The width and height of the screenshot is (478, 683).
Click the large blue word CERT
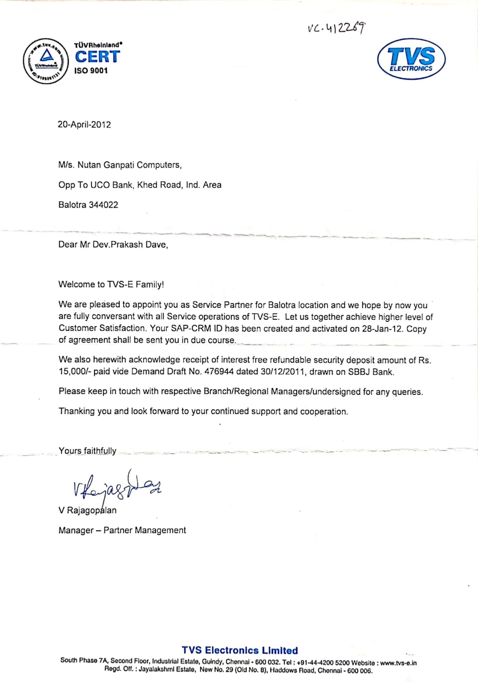point(97,57)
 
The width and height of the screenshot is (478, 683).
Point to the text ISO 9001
point(91,71)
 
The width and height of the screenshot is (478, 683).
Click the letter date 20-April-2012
point(84,125)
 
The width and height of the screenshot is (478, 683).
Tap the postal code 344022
point(103,205)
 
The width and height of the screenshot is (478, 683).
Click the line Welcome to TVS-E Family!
point(111,285)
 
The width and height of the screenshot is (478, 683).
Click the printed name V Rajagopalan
point(88,510)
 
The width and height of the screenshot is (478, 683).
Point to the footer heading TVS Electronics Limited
point(240,650)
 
